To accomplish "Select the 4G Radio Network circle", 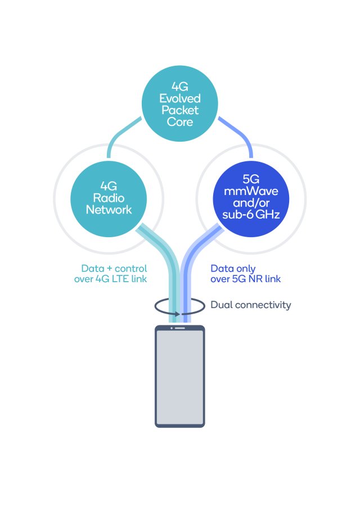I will click(109, 198).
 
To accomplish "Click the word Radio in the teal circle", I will click(109, 198).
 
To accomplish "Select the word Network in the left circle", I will click(109, 210).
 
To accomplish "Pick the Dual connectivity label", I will click(251, 305).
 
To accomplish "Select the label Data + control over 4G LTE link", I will click(111, 273).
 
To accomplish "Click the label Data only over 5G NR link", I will click(245, 273).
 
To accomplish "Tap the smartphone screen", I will click(180, 377).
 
